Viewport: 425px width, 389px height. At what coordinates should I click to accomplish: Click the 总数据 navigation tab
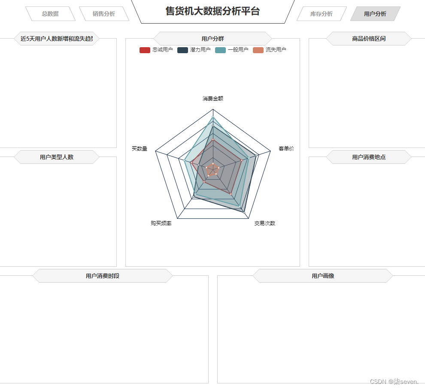(50, 14)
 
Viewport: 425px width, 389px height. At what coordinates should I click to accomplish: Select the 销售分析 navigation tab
(104, 14)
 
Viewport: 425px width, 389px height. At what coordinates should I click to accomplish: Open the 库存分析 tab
(322, 14)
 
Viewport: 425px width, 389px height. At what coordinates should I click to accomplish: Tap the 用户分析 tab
(375, 14)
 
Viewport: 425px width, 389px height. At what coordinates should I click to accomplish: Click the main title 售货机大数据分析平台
(212, 11)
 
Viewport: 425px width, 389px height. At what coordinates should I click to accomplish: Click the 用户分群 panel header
(212, 39)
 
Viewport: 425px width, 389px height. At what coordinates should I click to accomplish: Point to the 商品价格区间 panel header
(369, 39)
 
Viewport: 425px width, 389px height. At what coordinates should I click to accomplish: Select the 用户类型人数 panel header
(57, 157)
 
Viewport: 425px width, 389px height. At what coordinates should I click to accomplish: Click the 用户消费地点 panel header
(369, 157)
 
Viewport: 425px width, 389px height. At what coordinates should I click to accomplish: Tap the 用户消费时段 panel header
(103, 276)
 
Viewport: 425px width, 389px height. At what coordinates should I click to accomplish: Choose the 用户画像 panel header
(323, 276)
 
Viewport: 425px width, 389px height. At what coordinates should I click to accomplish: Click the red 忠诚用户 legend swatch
(145, 50)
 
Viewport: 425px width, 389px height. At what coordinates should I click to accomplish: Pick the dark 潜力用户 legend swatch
(182, 50)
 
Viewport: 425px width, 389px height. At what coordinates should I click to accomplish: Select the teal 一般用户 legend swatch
(220, 50)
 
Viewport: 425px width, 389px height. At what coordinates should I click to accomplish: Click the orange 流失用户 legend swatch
(258, 50)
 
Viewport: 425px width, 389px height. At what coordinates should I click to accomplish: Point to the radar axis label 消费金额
(213, 98)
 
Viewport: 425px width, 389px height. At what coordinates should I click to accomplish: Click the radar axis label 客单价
(286, 148)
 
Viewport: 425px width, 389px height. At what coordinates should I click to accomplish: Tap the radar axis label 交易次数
(264, 223)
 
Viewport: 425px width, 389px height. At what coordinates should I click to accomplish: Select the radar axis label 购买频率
(161, 223)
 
